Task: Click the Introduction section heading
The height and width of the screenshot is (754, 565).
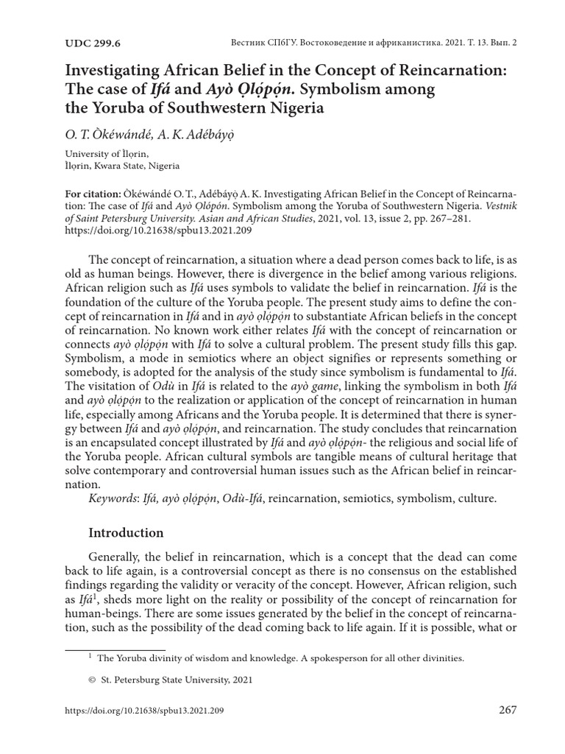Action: click(126, 532)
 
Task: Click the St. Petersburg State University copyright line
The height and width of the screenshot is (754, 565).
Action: click(174, 680)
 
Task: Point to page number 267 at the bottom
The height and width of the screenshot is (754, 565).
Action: click(508, 711)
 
